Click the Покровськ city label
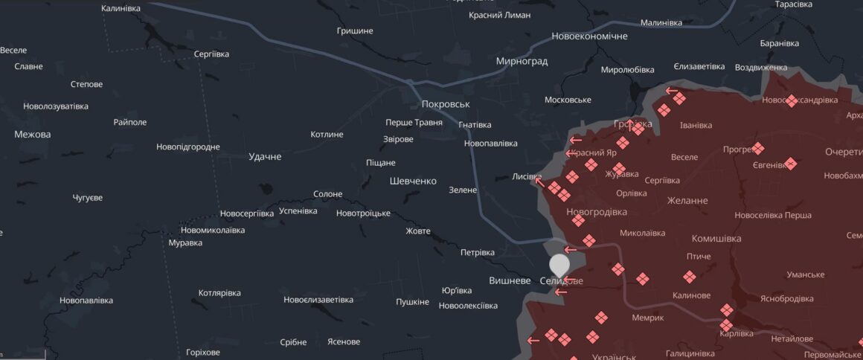[446, 105]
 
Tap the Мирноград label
[522, 61]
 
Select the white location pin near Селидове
[559, 266]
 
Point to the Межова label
[33, 135]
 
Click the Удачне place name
[265, 157]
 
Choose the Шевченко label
[413, 181]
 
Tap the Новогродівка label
[597, 212]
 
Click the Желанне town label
[687, 200]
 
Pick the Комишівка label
[716, 239]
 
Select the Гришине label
[355, 30]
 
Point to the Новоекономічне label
[589, 36]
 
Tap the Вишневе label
[510, 280]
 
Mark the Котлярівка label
[219, 293]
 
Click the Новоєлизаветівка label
[318, 300]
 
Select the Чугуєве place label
[88, 198]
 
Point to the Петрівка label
[478, 252]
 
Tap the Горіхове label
[203, 352]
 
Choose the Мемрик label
[627, 318]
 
